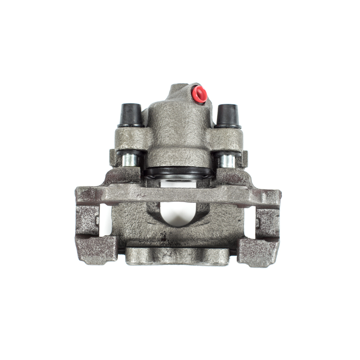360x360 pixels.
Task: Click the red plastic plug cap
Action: [199, 94]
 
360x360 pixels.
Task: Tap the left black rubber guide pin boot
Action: [130, 115]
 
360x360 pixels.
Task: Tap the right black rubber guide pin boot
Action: [227, 116]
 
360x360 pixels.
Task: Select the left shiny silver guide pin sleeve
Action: [130, 159]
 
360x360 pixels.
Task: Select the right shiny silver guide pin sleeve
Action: [227, 160]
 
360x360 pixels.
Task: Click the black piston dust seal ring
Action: [179, 172]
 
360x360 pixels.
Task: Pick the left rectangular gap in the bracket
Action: [105, 220]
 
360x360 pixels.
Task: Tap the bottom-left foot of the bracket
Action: [97, 250]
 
